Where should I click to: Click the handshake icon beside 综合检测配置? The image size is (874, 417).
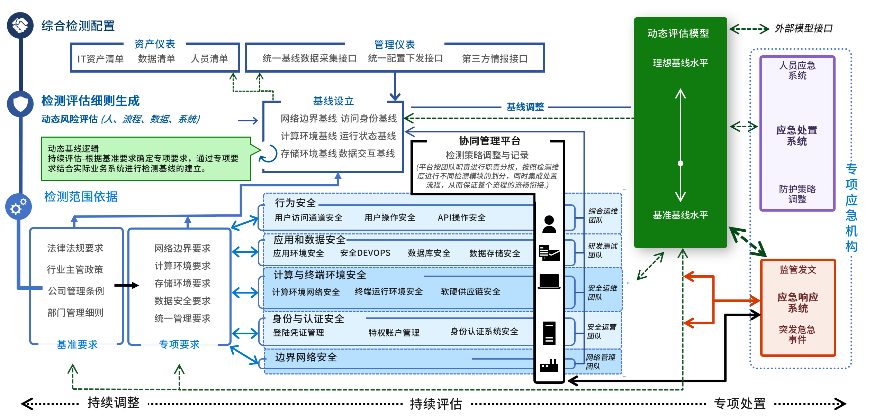click(x=20, y=25)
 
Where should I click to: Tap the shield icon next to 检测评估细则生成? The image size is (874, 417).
click(x=20, y=103)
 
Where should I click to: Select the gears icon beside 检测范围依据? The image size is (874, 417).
click(x=18, y=207)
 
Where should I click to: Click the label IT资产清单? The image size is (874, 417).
click(x=100, y=59)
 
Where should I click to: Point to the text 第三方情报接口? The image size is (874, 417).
click(x=495, y=59)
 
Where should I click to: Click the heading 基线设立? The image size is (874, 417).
click(x=333, y=101)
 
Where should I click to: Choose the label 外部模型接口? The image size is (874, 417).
click(x=803, y=28)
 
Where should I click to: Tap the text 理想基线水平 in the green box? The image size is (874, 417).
click(x=681, y=63)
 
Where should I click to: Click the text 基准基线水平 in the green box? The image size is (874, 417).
click(x=681, y=215)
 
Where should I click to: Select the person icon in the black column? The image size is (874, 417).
click(x=549, y=224)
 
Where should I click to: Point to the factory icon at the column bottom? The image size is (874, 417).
click(x=549, y=365)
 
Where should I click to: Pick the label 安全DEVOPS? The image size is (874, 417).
click(x=365, y=253)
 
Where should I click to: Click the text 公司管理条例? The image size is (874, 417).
click(x=76, y=291)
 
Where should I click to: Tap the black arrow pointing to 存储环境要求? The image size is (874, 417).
click(x=127, y=285)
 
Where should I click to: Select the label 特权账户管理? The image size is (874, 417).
click(x=394, y=333)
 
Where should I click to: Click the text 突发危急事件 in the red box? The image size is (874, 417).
click(x=797, y=334)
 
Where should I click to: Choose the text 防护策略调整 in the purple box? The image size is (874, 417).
click(x=797, y=194)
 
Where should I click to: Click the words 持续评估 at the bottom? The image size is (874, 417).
click(x=436, y=404)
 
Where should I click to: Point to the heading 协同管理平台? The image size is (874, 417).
click(x=489, y=141)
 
